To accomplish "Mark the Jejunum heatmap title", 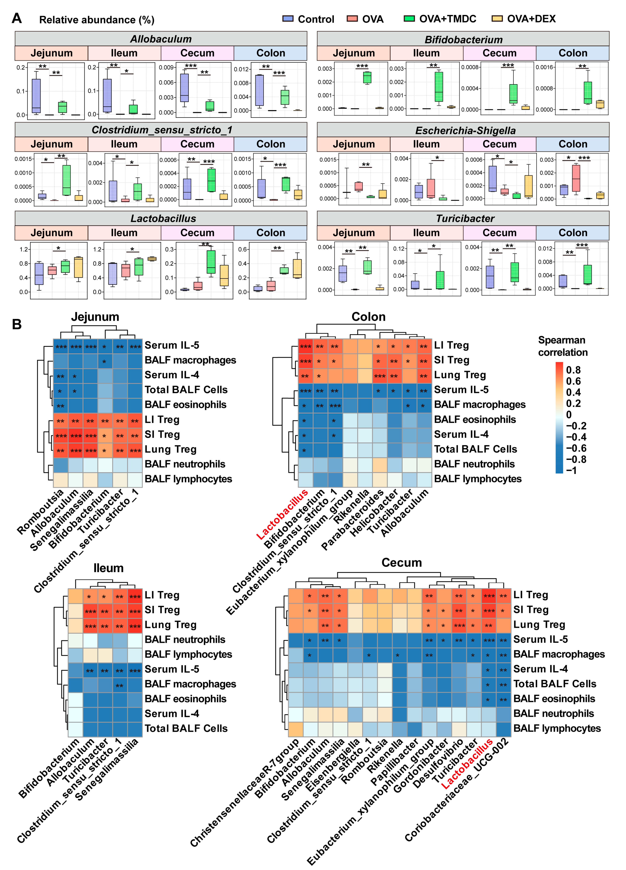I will point(95,317).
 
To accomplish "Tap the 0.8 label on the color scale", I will point(573,370).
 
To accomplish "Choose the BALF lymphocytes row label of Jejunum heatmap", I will point(188,479).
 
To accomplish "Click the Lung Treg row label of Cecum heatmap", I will point(539,624).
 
